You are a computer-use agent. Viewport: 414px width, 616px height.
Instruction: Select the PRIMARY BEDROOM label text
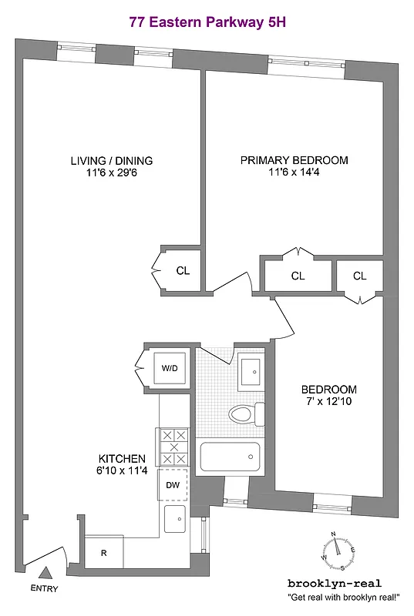click(x=294, y=160)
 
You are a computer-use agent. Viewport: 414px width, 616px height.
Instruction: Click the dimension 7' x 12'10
click(x=328, y=402)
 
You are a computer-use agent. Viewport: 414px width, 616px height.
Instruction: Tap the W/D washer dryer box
click(x=169, y=367)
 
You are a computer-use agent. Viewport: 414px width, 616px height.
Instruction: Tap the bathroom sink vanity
click(x=250, y=372)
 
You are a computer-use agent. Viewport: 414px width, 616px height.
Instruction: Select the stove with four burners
click(x=173, y=447)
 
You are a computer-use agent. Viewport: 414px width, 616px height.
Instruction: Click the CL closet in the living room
click(x=183, y=271)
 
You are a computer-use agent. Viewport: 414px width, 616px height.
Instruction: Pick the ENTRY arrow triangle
click(x=46, y=573)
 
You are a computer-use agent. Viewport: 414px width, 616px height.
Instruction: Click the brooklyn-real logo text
click(x=334, y=583)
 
